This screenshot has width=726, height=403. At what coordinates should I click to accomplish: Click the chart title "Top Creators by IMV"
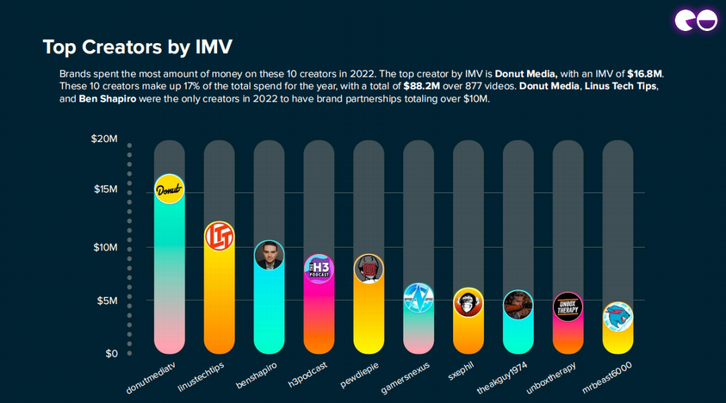(138, 47)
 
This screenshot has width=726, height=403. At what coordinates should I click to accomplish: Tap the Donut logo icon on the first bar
(169, 189)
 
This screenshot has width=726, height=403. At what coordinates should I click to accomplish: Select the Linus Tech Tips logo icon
(219, 236)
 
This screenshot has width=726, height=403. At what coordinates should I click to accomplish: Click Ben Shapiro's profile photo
(269, 255)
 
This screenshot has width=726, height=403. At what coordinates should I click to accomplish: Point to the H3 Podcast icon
(319, 268)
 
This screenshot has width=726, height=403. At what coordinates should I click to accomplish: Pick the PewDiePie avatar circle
(368, 269)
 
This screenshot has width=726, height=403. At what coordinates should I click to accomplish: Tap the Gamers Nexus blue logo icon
(418, 297)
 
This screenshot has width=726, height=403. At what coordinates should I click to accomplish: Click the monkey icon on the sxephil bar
(468, 303)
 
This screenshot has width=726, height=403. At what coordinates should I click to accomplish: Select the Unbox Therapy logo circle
(567, 307)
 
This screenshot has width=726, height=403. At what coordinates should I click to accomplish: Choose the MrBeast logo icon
(617, 317)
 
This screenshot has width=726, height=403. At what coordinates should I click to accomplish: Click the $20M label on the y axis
(104, 139)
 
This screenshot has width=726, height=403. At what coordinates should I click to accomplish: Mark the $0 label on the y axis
(111, 354)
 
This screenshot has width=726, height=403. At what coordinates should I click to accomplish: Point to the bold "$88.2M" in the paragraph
(423, 87)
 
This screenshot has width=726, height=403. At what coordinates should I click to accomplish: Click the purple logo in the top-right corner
(696, 21)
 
